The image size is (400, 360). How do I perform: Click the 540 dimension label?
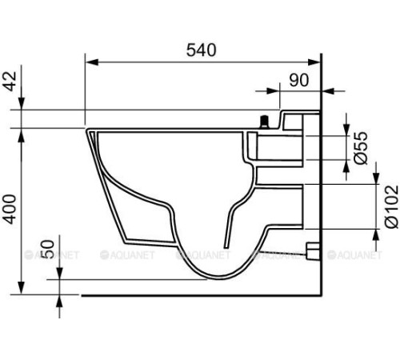tap(201, 50)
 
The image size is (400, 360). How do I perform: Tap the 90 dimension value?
tap(299, 80)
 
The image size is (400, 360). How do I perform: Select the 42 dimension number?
tap(10, 82)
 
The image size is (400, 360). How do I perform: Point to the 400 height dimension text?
tap(10, 210)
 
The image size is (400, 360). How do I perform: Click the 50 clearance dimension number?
tap(48, 250)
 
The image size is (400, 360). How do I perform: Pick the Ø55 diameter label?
tap(361, 148)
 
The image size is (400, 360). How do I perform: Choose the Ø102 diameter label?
tap(391, 207)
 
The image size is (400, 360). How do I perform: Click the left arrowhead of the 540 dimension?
tap(92, 62)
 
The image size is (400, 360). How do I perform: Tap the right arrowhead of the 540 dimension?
tap(314, 62)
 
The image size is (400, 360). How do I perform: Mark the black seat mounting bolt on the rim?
tap(264, 122)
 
